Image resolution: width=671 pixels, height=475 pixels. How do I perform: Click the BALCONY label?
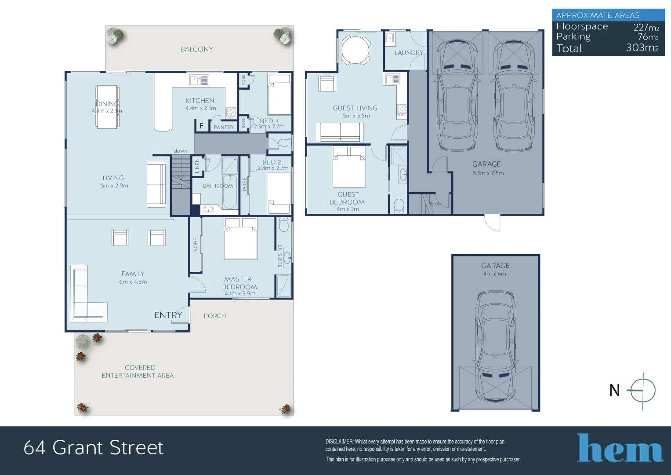pos(196,49)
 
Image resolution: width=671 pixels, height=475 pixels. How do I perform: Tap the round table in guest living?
pos(356,49)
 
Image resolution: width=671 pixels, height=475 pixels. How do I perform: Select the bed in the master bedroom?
pos(240,239)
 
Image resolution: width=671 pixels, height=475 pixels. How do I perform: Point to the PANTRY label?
pos(224,127)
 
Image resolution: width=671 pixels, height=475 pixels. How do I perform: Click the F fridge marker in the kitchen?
pos(202,126)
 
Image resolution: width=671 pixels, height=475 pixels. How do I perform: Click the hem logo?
pos(620,449)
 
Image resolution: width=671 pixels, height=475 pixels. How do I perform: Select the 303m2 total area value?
pos(642,48)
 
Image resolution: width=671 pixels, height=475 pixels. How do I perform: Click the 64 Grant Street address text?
pos(93,448)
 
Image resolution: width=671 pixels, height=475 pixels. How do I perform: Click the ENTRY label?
pos(168,315)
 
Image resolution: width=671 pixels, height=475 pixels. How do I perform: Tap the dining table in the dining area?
pos(107,107)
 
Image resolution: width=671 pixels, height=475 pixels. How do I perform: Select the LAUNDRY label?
pos(409,53)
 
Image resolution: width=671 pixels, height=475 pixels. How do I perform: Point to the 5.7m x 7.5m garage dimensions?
pos(488,173)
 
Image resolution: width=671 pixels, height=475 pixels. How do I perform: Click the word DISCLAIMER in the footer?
pos(339,442)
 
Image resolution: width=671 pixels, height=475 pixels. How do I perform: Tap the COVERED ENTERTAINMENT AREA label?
pos(138,372)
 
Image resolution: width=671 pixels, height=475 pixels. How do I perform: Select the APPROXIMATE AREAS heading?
pos(598,15)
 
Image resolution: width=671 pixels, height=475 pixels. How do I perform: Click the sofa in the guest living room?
pos(340,132)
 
